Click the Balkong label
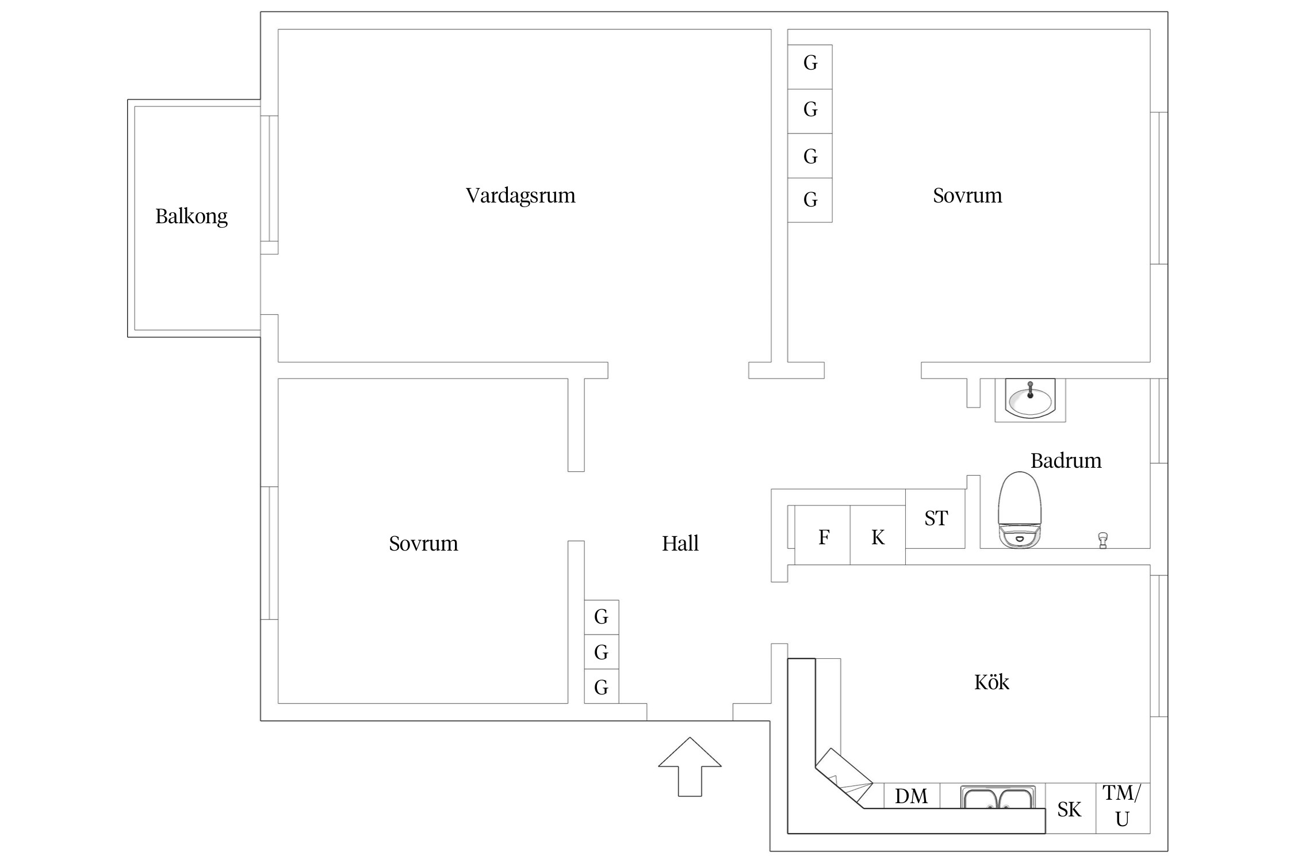pyautogui.click(x=191, y=217)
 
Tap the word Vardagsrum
pyautogui.click(x=520, y=196)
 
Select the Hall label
pyautogui.click(x=680, y=544)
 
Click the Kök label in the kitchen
pyautogui.click(x=991, y=682)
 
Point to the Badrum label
pyautogui.click(x=1066, y=461)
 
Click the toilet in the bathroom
pyautogui.click(x=1020, y=510)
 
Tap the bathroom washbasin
pyautogui.click(x=1030, y=399)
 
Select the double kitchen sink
pyautogui.click(x=998, y=798)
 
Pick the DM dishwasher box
pyautogui.click(x=912, y=796)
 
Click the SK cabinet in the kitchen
pyautogui.click(x=1070, y=809)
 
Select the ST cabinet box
pyautogui.click(x=936, y=518)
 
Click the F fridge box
pyautogui.click(x=823, y=536)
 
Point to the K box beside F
pyautogui.click(x=878, y=536)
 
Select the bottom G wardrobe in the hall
pyautogui.click(x=601, y=687)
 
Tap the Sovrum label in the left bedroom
pyautogui.click(x=423, y=544)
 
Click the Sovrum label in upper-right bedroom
pyautogui.click(x=967, y=196)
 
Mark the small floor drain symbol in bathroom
pyautogui.click(x=1102, y=540)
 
